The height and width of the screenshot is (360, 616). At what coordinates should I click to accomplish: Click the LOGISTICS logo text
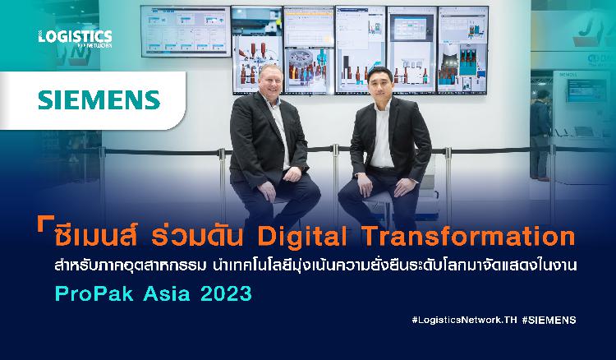(x=75, y=36)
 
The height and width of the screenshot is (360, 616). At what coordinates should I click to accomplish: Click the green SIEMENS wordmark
(x=99, y=100)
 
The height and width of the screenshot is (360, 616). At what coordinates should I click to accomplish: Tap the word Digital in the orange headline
(x=302, y=237)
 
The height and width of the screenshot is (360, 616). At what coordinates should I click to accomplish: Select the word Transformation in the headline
(x=468, y=236)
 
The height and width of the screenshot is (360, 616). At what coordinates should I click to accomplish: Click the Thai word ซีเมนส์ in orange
(x=95, y=236)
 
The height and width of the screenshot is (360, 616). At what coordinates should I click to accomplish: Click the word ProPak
(x=94, y=293)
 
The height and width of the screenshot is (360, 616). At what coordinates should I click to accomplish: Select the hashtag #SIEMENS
(x=549, y=320)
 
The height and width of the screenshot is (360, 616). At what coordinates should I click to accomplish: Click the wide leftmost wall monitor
(x=186, y=31)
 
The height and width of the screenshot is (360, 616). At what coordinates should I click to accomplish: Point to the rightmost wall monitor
(x=462, y=50)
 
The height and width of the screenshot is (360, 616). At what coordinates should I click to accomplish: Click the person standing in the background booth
(x=540, y=135)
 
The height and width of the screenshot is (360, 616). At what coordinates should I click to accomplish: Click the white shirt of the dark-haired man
(x=382, y=136)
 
